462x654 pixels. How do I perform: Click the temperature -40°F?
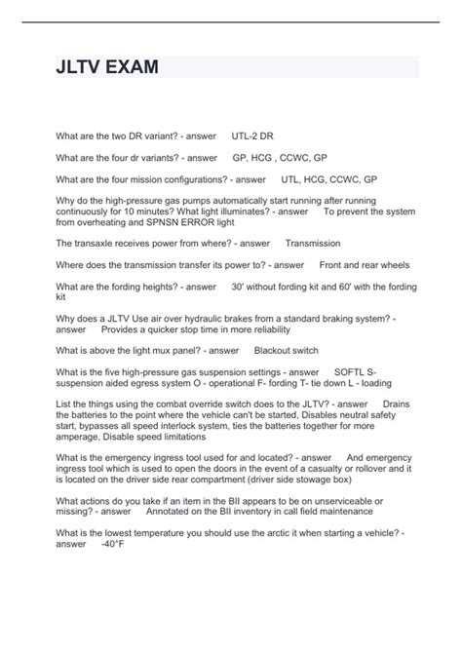click(112, 543)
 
